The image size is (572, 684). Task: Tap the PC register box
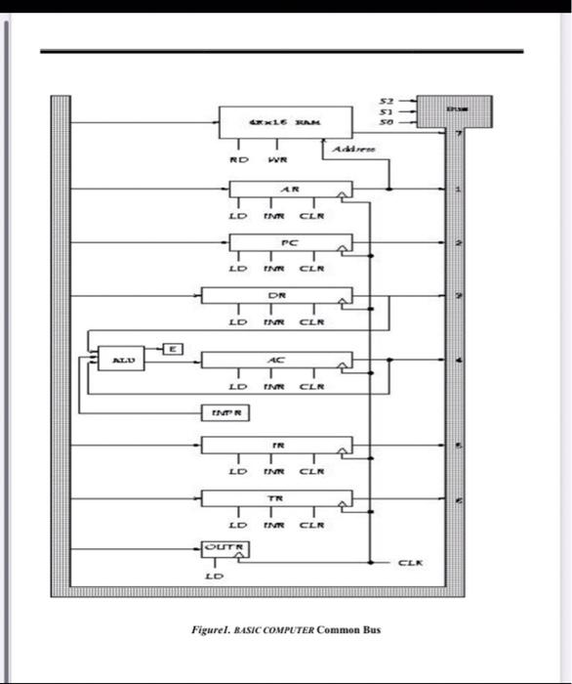pos(290,242)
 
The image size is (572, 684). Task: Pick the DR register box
pos(276,296)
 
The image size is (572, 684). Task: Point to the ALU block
pos(121,361)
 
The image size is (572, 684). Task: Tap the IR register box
pos(276,446)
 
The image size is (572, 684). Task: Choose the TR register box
pos(276,498)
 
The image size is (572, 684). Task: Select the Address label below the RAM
pos(350,149)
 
